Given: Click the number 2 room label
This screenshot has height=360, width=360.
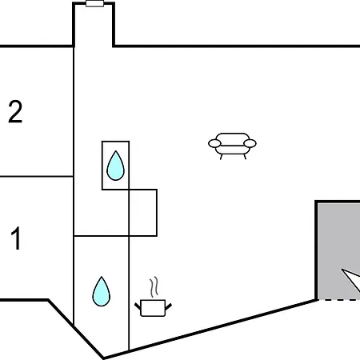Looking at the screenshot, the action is (15, 111).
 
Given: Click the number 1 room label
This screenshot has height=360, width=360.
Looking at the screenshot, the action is (16, 238).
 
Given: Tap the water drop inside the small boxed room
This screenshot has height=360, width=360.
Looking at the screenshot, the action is (115, 166).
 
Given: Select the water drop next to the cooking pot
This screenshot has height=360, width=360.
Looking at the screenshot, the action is (102, 291).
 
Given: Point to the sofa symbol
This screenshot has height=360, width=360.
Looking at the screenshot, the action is (232, 146).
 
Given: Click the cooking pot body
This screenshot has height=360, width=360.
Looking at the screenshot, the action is (153, 308).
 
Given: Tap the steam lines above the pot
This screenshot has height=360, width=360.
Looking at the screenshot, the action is (154, 287).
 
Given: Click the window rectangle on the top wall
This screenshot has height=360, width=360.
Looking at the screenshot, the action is (94, 4).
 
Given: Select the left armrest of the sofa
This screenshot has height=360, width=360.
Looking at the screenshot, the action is (214, 143).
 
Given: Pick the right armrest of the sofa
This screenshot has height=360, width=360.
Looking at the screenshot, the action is (250, 143).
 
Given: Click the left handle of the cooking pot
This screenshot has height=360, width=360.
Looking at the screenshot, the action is (138, 306).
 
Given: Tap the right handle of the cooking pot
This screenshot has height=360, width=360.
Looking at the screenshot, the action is (169, 306).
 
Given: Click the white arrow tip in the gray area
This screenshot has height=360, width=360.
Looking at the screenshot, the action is (342, 270).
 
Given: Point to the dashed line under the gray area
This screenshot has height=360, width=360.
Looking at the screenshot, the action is (338, 300).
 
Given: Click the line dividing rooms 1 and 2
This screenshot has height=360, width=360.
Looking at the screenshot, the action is (37, 176).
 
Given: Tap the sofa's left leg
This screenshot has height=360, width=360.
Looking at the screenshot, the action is (221, 157).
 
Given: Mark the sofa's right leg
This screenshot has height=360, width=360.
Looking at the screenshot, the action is (245, 157).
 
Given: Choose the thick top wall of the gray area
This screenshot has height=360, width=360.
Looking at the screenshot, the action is (338, 202).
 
